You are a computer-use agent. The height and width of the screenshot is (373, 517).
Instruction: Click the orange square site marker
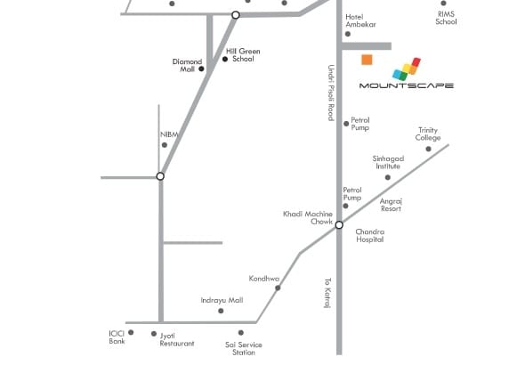pos(367,60)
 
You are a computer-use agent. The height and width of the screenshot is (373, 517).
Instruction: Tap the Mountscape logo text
pos(406,85)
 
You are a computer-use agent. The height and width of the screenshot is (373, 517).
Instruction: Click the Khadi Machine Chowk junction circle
pos(339,225)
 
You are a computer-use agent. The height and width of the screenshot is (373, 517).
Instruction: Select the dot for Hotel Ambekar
pos(348,34)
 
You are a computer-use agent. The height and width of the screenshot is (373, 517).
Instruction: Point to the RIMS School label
pos(446,18)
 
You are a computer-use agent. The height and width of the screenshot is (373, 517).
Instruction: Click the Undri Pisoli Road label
pos(331,93)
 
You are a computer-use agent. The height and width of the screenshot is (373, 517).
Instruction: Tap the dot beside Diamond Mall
pos(201,69)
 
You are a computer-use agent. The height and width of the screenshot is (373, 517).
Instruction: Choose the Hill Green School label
pos(243,55)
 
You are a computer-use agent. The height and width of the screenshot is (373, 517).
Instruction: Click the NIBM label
pos(169,134)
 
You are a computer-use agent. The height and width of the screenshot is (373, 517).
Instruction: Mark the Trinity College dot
pos(428,149)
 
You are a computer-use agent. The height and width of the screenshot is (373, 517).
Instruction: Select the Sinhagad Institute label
pos(388,162)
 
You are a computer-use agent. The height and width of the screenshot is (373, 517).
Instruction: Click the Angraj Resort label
pos(391,205)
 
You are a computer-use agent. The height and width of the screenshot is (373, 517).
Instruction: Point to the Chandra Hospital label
pos(369,236)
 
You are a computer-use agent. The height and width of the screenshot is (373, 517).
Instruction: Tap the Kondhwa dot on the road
pos(278,288)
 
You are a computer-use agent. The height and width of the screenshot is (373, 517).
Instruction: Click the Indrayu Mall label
pos(222,300)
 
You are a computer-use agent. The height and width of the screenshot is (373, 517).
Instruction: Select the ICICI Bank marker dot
pos(131,332)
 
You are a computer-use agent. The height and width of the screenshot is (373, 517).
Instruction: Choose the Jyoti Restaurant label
pos(177,340)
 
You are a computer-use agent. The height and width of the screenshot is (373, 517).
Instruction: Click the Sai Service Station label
pos(244,349)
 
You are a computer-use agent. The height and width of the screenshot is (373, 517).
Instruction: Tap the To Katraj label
pos(327,293)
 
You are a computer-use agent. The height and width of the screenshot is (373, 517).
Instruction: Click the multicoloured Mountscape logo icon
pos(407,69)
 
